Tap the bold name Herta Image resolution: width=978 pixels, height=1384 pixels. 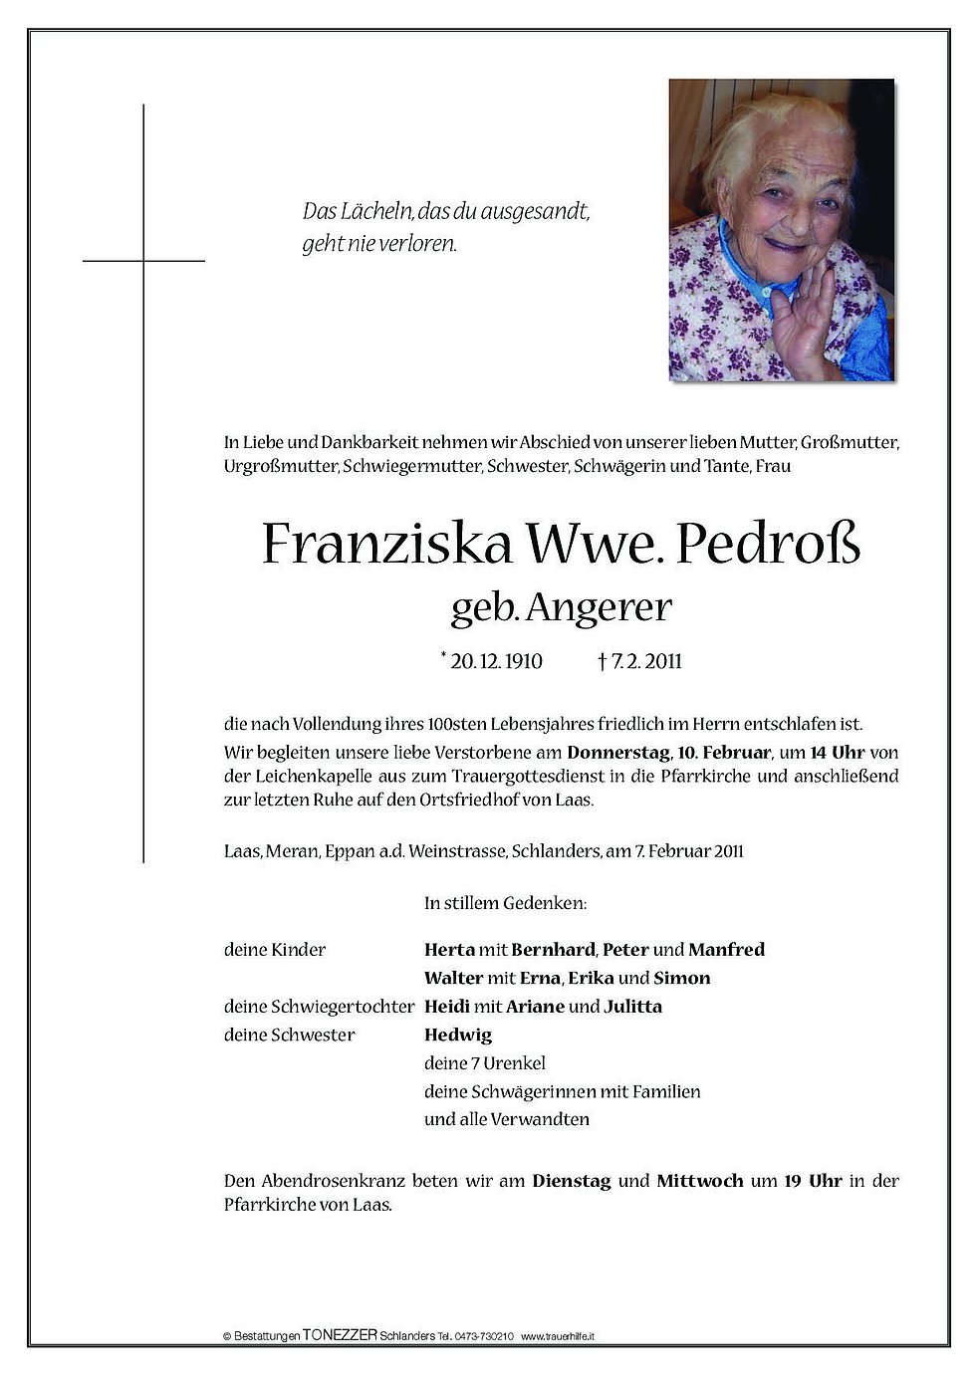click(x=448, y=950)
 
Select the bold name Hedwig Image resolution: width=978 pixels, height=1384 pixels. click(x=457, y=1035)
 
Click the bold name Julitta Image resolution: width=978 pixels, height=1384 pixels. click(x=632, y=1007)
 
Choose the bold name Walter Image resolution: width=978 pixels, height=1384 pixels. click(x=453, y=978)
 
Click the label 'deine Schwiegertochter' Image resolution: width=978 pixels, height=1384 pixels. click(x=319, y=1007)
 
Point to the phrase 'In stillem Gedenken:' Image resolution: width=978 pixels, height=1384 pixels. click(x=491, y=904)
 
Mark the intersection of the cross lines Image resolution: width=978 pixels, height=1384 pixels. click(x=144, y=261)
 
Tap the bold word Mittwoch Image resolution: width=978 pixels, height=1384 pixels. click(x=699, y=1182)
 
